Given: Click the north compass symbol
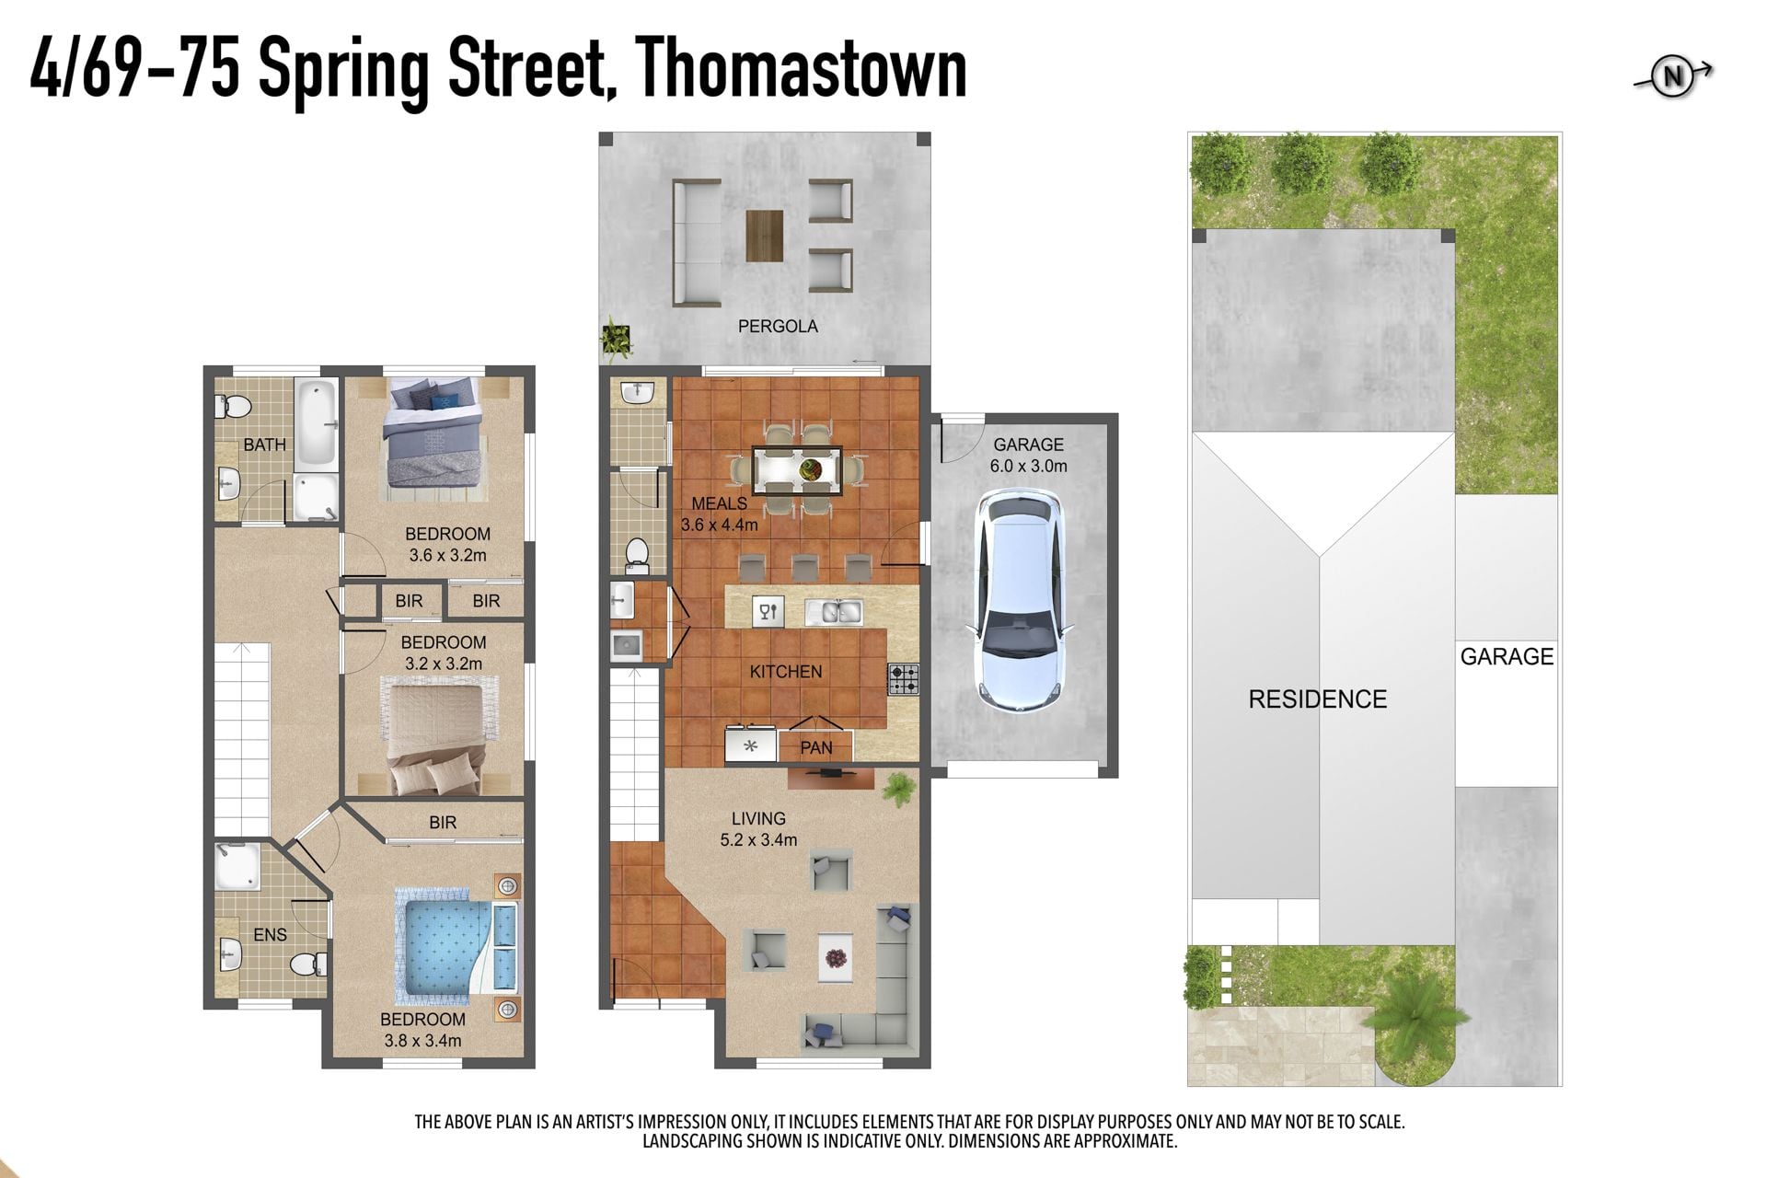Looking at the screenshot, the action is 1672,76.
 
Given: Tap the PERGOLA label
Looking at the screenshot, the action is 778,326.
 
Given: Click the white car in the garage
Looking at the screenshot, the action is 1020,599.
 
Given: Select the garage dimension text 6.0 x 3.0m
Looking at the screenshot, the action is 1028,466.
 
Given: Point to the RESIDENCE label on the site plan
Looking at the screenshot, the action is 1317,699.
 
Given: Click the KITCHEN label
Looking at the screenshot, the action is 786,672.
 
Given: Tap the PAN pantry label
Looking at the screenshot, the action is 816,747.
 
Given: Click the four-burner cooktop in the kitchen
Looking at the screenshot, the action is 903,679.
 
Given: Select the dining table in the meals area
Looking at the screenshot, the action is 797,469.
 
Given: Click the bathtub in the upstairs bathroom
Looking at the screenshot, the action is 317,423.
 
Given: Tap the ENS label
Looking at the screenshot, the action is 270,935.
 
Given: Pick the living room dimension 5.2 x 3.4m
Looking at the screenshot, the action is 758,839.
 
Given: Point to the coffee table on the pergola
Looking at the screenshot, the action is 765,236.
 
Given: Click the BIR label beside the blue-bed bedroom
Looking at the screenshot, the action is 443,823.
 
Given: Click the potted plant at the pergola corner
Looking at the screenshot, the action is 616,340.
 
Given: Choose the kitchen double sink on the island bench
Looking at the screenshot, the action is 834,611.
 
